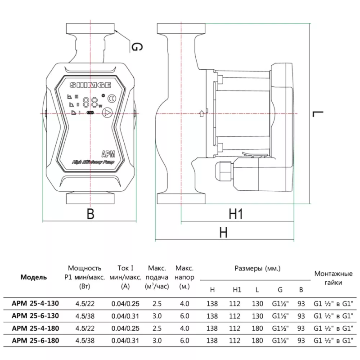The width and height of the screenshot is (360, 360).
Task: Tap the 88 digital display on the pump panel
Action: coord(92,102)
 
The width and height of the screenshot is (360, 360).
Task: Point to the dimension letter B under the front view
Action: coord(90,214)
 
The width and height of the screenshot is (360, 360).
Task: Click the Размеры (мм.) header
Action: coord(258,269)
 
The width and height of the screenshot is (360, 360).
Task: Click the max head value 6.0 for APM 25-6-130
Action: coord(184,315)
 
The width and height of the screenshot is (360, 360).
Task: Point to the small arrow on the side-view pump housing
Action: coord(201,114)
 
